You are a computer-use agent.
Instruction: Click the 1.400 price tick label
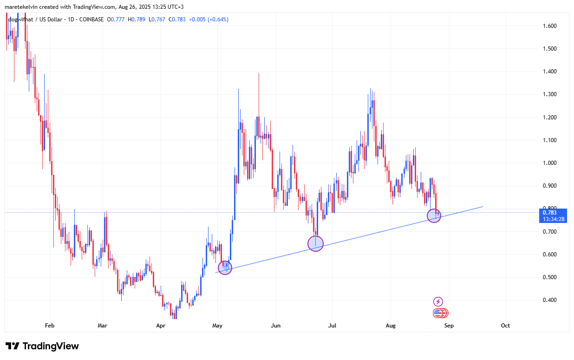coord(550,72)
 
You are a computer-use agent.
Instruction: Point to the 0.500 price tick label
coord(550,277)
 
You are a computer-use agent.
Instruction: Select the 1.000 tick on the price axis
coord(550,163)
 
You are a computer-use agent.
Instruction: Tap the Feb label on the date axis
coord(50,326)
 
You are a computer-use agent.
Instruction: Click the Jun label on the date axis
coord(276,326)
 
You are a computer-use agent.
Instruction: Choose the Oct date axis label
coord(505,326)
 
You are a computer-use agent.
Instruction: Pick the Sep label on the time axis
coord(449,326)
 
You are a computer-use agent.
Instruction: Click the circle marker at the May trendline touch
coord(225,268)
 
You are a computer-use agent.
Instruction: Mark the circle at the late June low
coord(315,243)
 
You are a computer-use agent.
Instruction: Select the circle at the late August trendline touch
coord(434,216)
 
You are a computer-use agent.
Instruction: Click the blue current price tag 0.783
coord(553,216)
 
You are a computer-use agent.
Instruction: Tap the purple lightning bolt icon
coord(438,301)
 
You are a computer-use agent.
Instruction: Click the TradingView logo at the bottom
coord(42,346)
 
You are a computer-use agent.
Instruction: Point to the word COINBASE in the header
coord(92,19)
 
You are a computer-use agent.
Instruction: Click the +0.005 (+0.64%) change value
coord(209,19)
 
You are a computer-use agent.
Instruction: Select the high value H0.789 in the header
coord(138,19)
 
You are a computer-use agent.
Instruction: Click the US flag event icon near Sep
coord(438,313)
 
